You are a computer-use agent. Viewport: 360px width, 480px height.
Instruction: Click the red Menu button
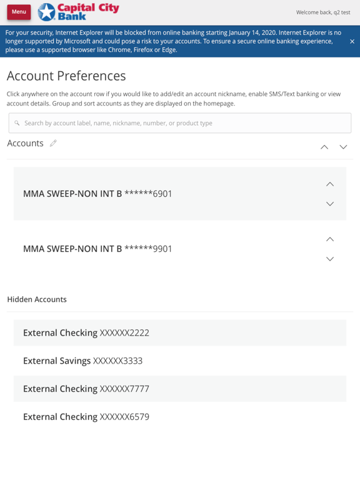point(19,12)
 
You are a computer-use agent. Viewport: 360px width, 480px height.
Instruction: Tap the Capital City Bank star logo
point(47,12)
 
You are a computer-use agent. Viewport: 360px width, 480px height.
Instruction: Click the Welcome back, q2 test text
point(322,12)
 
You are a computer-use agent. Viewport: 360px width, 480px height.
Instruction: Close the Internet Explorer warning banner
point(352,41)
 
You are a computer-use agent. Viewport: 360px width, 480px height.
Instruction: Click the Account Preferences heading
point(66,76)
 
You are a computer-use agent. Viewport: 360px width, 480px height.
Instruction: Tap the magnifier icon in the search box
point(17,123)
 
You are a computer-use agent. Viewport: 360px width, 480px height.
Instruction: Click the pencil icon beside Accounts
point(53,143)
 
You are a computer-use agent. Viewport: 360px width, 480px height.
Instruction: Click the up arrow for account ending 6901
point(330,184)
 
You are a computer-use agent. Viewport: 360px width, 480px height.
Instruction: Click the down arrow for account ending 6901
point(330,204)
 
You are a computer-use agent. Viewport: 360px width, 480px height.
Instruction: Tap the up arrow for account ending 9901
point(330,239)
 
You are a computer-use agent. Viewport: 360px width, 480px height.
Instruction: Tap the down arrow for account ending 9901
point(330,259)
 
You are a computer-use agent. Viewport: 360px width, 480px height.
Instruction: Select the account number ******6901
point(148,194)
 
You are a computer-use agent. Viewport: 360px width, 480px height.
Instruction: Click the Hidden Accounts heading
point(37,299)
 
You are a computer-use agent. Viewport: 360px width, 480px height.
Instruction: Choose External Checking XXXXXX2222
point(86,333)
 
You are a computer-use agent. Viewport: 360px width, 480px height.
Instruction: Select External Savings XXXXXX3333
point(82,361)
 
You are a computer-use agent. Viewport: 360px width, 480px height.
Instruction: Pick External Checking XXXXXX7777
point(86,389)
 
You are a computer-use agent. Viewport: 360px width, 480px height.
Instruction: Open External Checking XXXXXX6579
point(86,417)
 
